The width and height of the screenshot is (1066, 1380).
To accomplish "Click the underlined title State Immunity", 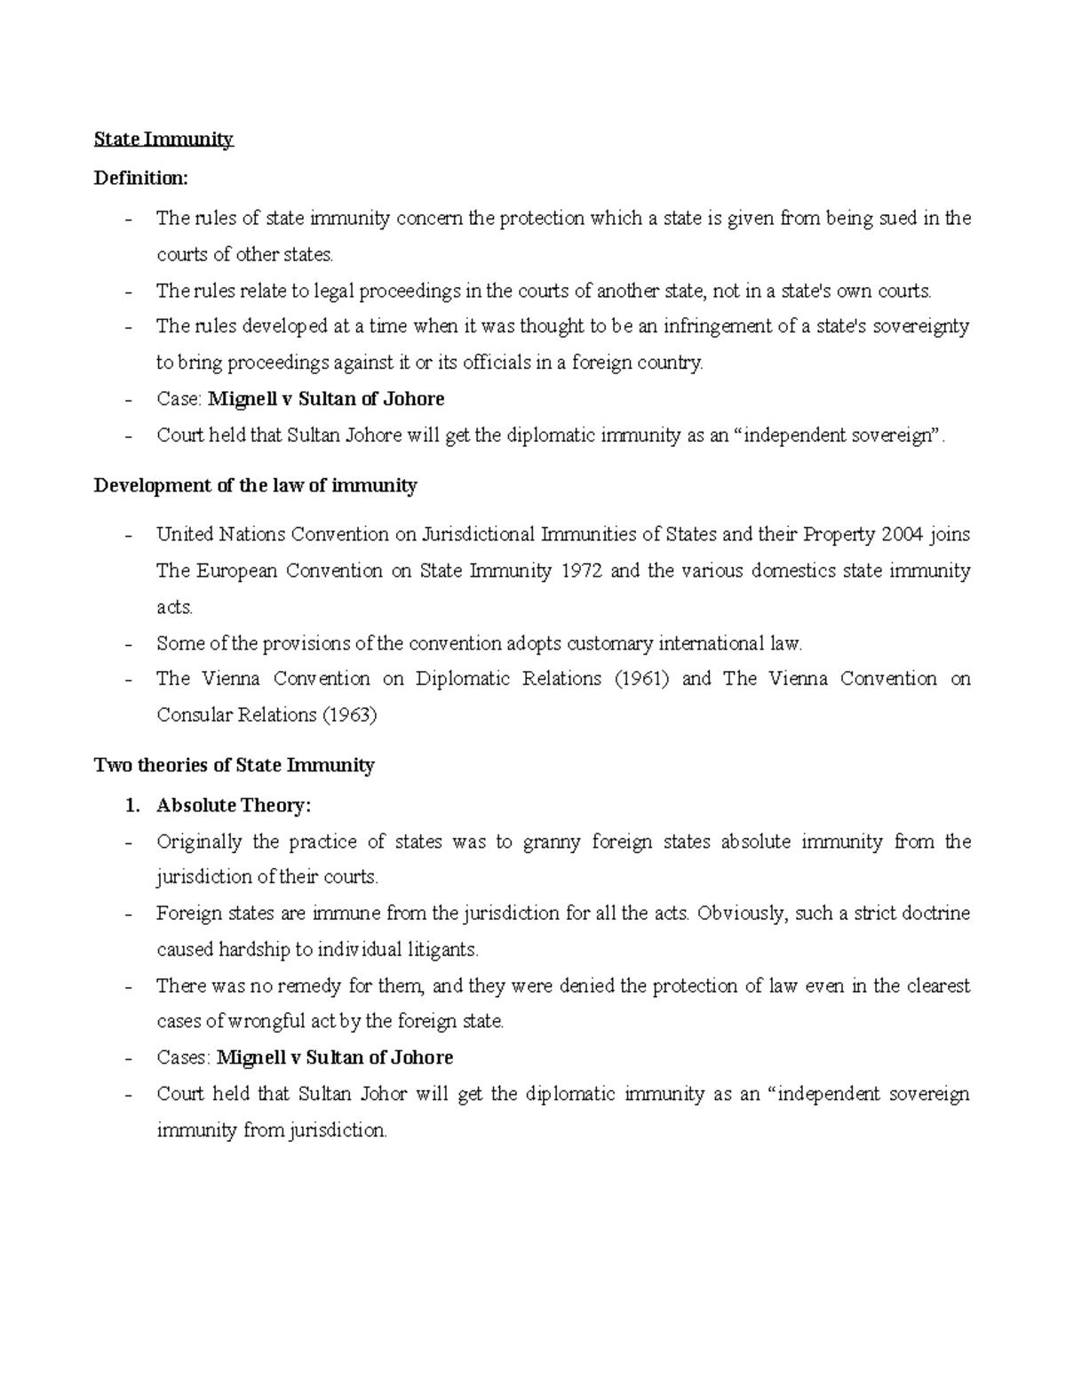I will [163, 139].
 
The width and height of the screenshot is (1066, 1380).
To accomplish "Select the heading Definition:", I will [141, 178].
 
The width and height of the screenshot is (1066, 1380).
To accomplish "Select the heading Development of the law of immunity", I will [255, 485].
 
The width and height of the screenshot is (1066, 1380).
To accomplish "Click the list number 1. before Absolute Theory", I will [132, 805].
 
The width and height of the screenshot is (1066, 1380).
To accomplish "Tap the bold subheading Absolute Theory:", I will [234, 805].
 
